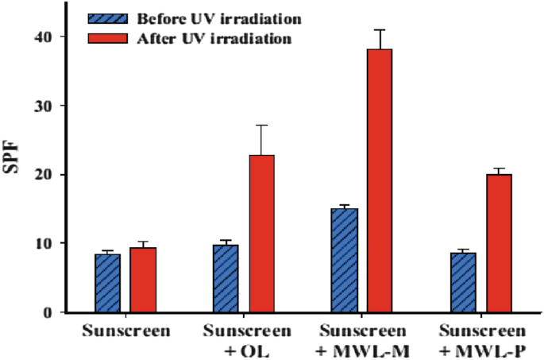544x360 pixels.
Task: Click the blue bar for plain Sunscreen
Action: [x=107, y=283]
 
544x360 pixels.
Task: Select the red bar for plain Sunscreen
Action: [x=143, y=280]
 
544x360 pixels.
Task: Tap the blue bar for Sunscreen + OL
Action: [x=226, y=278]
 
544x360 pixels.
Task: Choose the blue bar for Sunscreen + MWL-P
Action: [x=463, y=282]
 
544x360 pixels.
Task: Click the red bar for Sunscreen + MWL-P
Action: [x=499, y=243]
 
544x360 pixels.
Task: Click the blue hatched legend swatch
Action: [x=104, y=15]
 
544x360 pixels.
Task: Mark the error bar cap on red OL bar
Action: [x=262, y=125]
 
